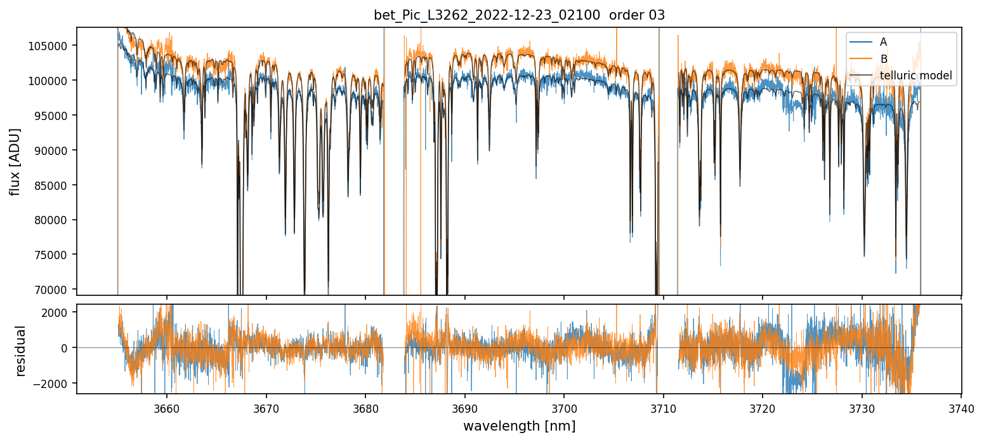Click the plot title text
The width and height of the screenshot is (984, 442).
519,15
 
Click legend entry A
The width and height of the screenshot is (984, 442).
883,43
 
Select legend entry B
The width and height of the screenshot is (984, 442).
883,59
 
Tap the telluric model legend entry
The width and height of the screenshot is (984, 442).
916,76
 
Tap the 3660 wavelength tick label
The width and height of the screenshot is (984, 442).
167,408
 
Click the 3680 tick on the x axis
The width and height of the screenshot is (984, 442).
365,408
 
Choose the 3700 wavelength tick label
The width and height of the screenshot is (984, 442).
564,408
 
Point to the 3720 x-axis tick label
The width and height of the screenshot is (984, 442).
763,408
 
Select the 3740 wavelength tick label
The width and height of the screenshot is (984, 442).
961,408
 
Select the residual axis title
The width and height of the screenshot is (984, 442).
21,350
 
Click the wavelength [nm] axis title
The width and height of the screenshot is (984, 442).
519,425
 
